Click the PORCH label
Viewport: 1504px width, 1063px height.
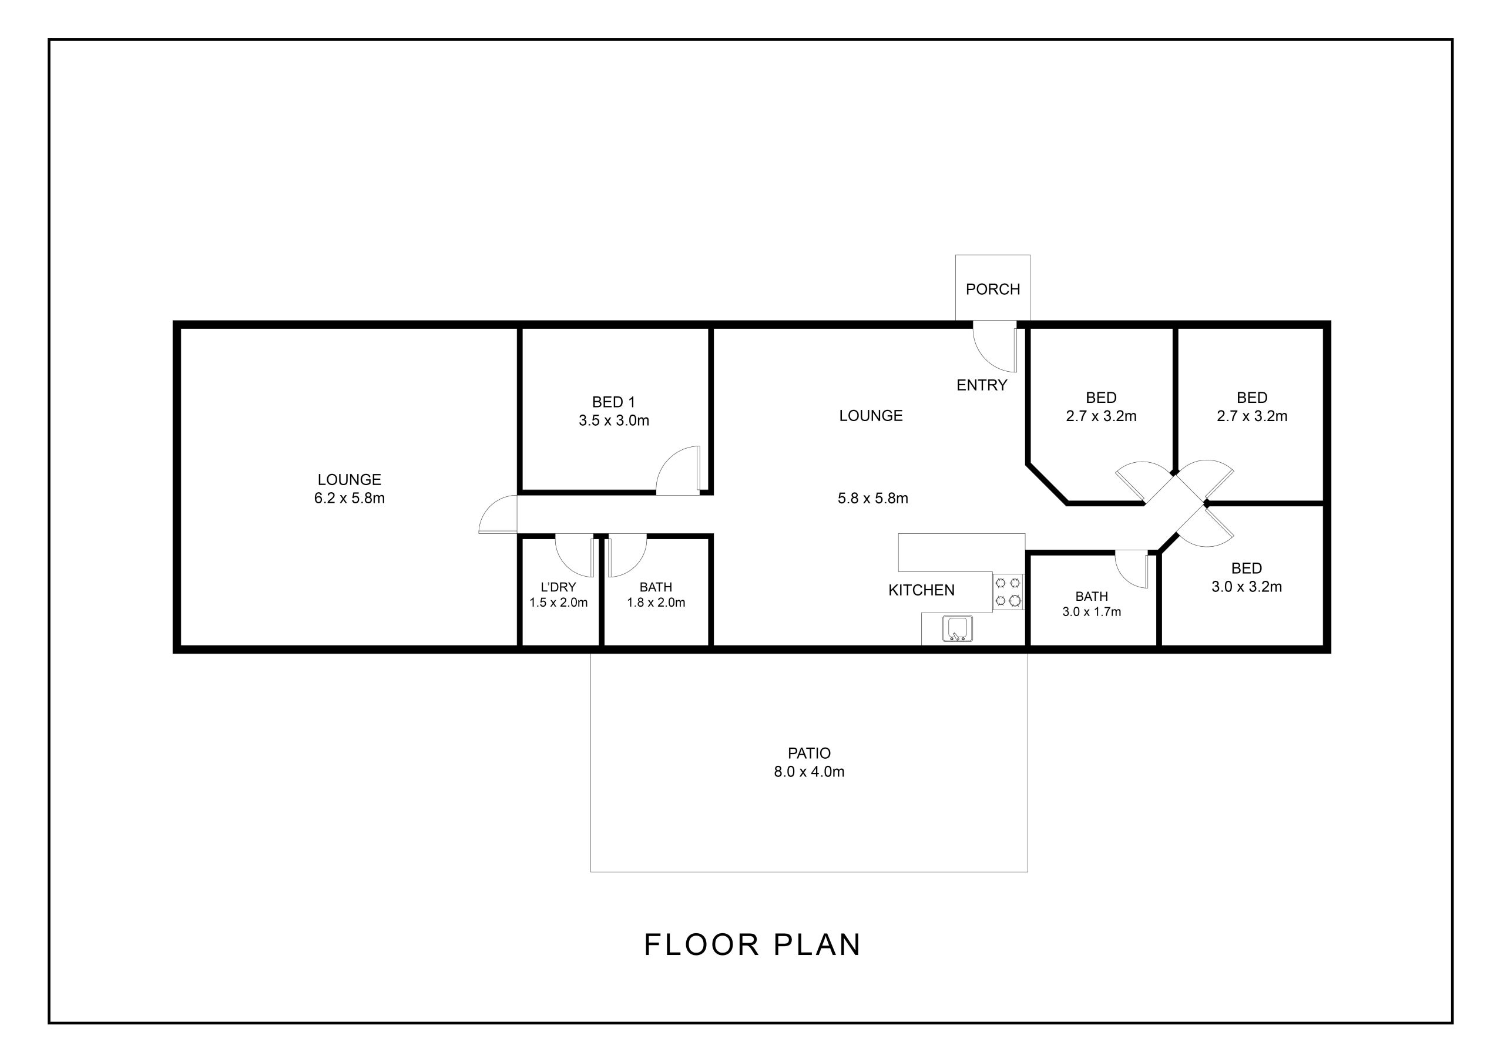pyautogui.click(x=992, y=289)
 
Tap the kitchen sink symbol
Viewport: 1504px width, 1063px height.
pyautogui.click(x=957, y=628)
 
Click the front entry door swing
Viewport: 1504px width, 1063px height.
pyautogui.click(x=992, y=347)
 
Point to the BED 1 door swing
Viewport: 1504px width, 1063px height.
pyautogui.click(x=679, y=472)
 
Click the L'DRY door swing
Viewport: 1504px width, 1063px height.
pyautogui.click(x=574, y=555)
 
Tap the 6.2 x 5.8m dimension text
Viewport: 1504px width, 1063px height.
pyautogui.click(x=349, y=498)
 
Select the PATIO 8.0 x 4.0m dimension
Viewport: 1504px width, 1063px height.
pyautogui.click(x=809, y=772)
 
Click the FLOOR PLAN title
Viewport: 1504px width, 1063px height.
pyautogui.click(x=752, y=944)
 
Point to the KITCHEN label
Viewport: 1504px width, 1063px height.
pyautogui.click(x=921, y=590)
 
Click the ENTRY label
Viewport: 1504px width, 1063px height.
pyautogui.click(x=981, y=385)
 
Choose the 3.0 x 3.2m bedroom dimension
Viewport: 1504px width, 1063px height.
pyautogui.click(x=1247, y=586)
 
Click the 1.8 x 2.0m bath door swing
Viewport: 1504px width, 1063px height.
pyautogui.click(x=627, y=555)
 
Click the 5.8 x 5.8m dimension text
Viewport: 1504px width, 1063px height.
pyautogui.click(x=872, y=498)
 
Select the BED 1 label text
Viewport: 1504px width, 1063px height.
pyautogui.click(x=613, y=402)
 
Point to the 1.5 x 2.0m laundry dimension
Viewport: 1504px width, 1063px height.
pyautogui.click(x=558, y=603)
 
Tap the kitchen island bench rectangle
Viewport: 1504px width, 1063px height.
pyautogui.click(x=961, y=552)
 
